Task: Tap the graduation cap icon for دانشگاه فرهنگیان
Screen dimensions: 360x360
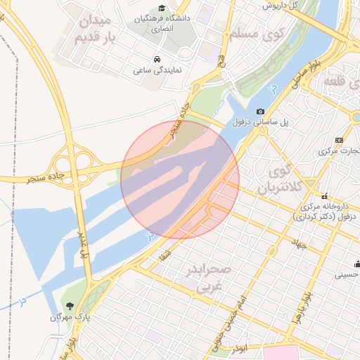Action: [162, 8]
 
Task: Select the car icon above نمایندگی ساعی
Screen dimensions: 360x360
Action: [155, 59]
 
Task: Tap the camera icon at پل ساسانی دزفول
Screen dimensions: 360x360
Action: [261, 112]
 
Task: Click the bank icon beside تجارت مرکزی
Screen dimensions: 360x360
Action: [339, 140]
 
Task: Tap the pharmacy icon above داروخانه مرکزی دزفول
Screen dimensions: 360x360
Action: [325, 196]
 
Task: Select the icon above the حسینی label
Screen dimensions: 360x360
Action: [356, 264]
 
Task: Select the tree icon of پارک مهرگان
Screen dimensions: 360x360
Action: [70, 305]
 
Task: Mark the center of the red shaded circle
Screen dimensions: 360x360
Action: [180, 179]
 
